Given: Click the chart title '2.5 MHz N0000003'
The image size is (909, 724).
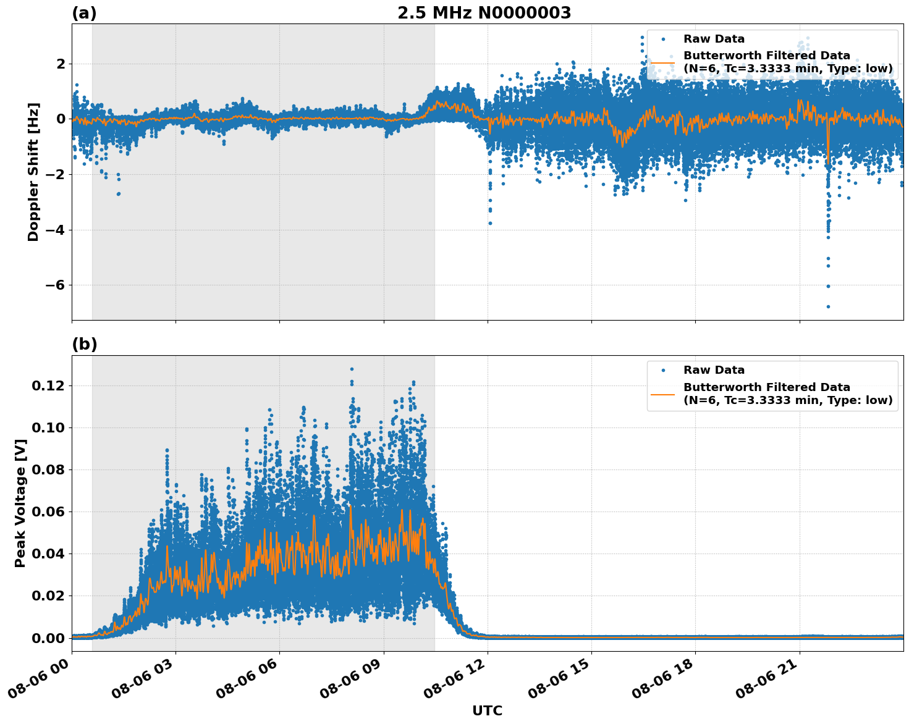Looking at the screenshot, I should coord(484,13).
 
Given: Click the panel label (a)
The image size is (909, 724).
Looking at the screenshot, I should coord(84,13).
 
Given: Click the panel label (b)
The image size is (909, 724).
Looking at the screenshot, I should coord(84,344).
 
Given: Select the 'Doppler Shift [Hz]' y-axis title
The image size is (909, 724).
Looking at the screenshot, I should coord(33,172).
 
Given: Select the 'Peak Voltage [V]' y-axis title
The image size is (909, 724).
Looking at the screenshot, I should coord(20,503).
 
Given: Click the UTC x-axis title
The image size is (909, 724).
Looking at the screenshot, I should coord(487,710).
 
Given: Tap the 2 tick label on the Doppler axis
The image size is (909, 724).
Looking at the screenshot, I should coord(61,64).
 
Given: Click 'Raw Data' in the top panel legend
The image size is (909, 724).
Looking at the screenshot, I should coord(714,39).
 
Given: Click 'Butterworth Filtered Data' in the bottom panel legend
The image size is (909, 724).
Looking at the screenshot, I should coord(766,387).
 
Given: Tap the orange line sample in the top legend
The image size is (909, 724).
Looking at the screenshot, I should coord(662,62).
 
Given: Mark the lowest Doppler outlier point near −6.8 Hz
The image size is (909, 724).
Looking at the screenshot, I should coord(828,306).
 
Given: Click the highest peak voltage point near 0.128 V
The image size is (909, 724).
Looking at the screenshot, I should coord(352,369).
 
